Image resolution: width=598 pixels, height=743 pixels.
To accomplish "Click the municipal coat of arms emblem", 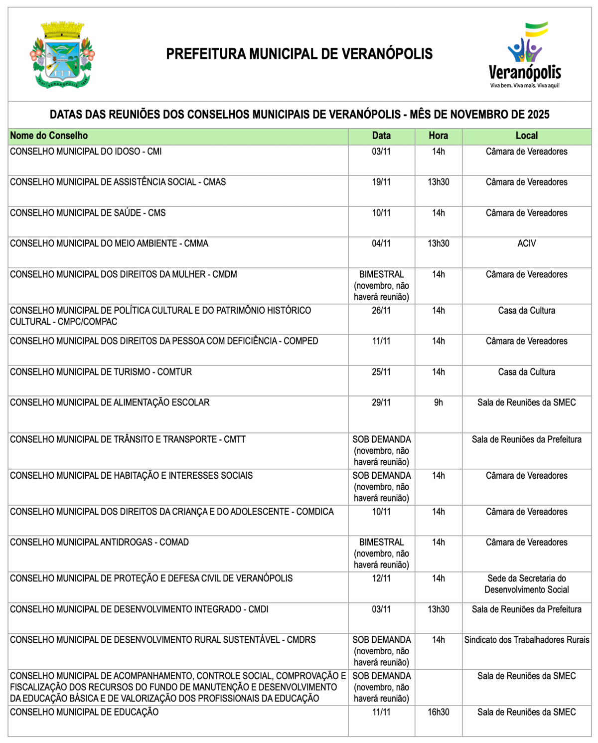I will (x=62, y=55).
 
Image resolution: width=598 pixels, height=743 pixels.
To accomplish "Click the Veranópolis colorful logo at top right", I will (x=525, y=55).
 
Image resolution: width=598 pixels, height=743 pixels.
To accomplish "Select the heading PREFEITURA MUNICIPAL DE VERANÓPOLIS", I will (x=299, y=54).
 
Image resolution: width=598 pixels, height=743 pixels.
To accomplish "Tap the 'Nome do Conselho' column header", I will (x=49, y=136).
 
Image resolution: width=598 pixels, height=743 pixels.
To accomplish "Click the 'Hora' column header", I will (x=438, y=136).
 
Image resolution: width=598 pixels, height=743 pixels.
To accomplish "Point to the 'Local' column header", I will (x=526, y=136).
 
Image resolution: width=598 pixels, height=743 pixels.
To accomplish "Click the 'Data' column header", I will (x=381, y=136).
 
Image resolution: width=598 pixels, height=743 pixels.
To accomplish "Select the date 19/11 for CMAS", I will (x=381, y=182).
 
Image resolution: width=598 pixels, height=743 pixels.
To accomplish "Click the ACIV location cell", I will (x=526, y=243).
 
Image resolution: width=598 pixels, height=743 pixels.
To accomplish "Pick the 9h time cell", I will (x=438, y=402).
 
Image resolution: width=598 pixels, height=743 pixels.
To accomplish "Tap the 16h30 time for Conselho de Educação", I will (x=438, y=712).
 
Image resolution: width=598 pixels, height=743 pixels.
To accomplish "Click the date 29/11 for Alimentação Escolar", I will (x=381, y=402).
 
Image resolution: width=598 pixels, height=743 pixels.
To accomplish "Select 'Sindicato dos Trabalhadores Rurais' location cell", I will (x=526, y=640).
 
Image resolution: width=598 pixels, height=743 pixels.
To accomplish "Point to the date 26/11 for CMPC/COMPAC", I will (x=381, y=311).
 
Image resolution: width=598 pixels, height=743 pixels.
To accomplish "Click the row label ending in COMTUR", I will (x=101, y=372).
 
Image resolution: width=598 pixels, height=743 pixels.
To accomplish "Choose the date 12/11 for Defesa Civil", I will (x=381, y=578).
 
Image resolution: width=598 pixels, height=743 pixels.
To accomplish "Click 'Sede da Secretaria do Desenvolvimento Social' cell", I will (x=526, y=584).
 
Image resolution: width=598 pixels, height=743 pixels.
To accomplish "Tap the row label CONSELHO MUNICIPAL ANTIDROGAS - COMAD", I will (x=99, y=542).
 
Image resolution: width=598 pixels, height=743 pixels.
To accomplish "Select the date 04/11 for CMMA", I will (x=381, y=243).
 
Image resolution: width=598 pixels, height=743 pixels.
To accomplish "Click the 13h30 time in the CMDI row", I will (x=438, y=609).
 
